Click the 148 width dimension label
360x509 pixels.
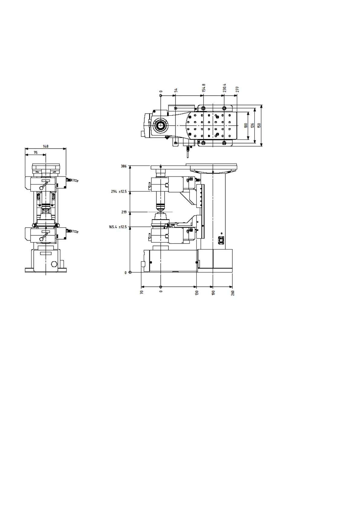46,146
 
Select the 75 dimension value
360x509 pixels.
36,152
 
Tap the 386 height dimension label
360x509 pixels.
124,166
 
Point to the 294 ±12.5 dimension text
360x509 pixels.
119,191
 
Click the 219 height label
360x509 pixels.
124,212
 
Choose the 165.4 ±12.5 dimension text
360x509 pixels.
118,227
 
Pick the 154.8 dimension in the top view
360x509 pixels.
204,88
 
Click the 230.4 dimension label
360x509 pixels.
225,88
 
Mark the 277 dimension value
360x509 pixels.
237,89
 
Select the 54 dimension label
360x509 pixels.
176,90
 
